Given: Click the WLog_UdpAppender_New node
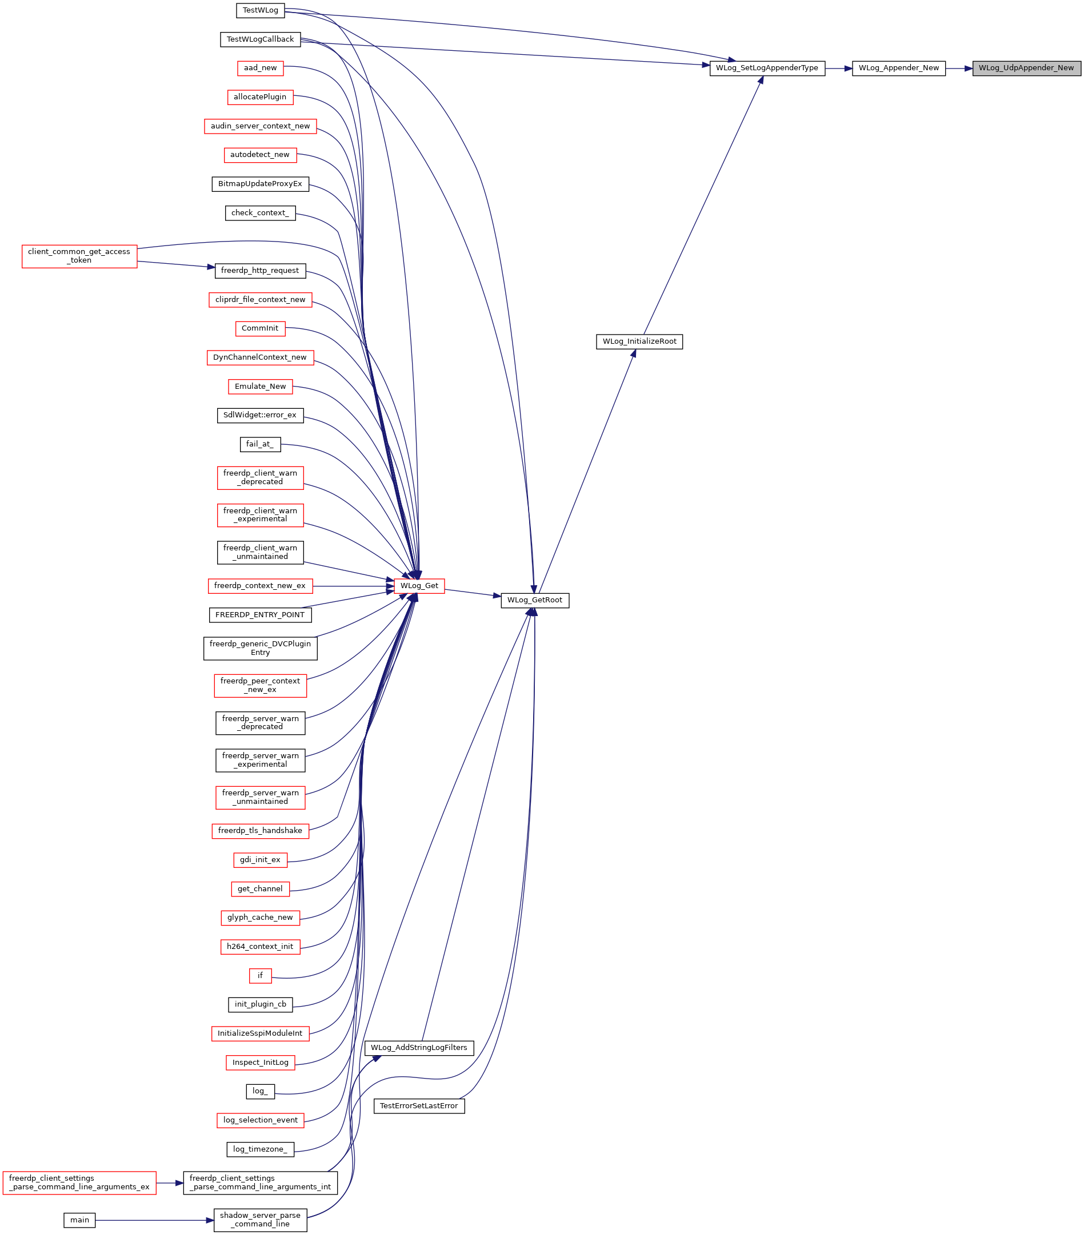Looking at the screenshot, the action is click(1026, 69).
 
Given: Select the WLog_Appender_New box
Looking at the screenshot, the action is click(898, 69).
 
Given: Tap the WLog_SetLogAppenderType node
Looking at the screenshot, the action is click(767, 69).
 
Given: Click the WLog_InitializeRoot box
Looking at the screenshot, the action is click(639, 341).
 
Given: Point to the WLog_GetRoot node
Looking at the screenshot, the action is click(534, 600).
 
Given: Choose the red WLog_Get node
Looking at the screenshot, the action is click(419, 585).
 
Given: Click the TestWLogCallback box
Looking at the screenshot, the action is click(260, 39).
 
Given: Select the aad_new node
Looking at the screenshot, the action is click(260, 69).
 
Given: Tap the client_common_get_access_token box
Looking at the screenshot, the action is click(79, 256).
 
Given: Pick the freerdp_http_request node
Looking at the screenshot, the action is click(260, 271).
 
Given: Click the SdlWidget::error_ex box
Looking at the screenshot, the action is click(260, 415).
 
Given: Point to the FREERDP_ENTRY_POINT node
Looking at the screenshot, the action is click(260, 614).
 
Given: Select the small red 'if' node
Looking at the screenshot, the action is click(260, 975).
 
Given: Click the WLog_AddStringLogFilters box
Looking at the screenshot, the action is click(419, 1048).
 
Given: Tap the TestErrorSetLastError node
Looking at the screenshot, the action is click(419, 1106).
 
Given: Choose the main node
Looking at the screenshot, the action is click(79, 1220).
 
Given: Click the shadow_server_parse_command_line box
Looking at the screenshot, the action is click(260, 1220).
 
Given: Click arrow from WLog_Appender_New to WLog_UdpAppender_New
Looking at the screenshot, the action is click(959, 69).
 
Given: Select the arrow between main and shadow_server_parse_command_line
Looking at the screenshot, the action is click(154, 1220).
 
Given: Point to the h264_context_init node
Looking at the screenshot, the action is click(260, 947).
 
